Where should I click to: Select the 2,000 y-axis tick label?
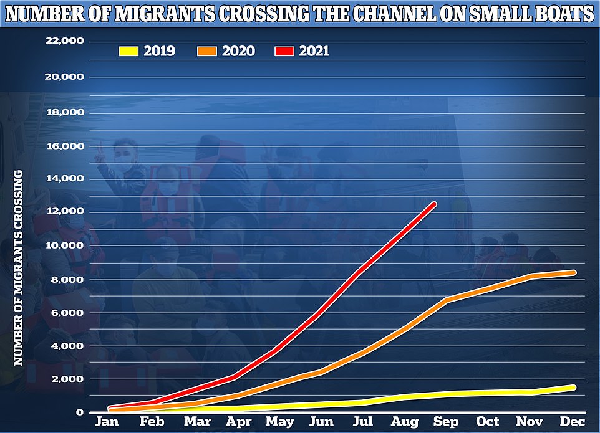click(70, 379)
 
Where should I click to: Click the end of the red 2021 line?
click(433, 204)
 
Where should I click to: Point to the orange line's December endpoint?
click(572, 272)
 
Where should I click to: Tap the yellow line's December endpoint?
click(572, 388)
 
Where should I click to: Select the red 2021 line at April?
click(233, 377)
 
